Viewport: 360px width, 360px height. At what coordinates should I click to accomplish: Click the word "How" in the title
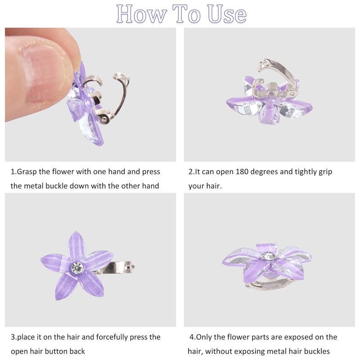[x=141, y=14]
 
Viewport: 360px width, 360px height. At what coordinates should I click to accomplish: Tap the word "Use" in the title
[x=227, y=14]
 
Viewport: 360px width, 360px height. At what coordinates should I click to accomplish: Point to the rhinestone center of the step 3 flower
[x=77, y=267]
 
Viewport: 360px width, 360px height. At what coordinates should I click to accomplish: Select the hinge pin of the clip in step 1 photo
[x=104, y=119]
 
